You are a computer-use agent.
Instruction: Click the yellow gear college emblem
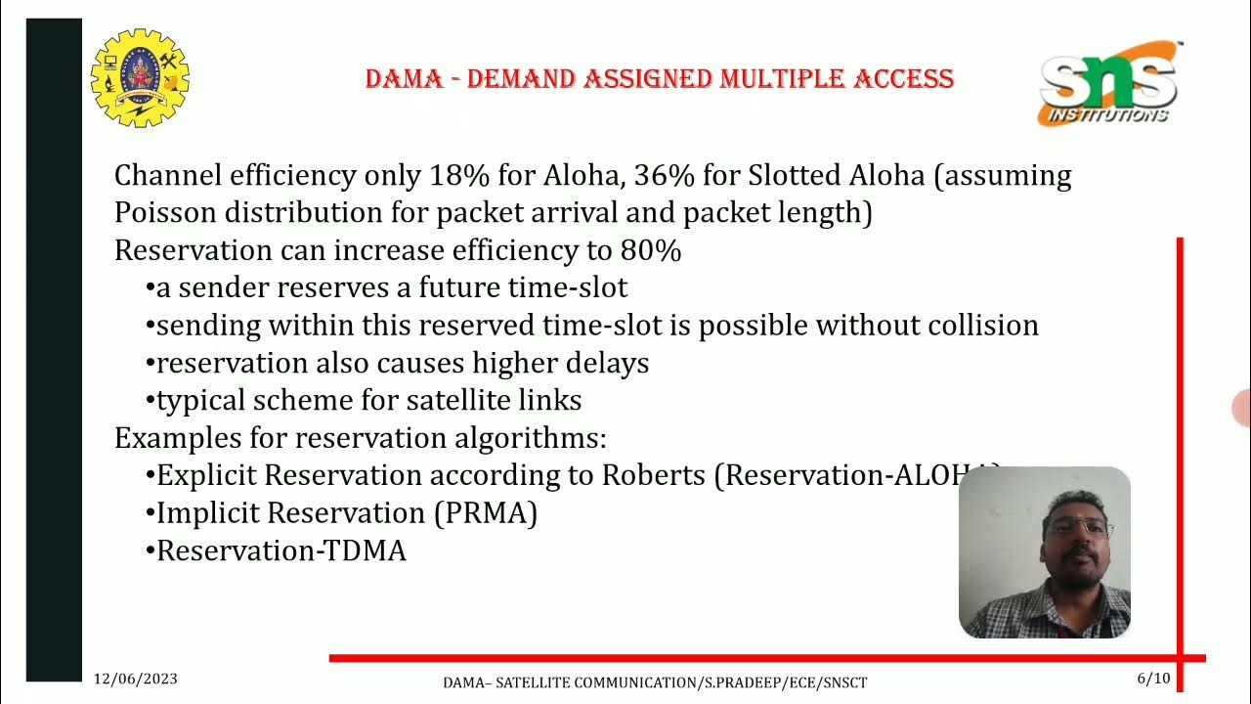point(140,78)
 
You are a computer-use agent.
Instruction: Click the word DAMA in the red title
point(404,78)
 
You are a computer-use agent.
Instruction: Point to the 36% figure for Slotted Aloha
point(661,176)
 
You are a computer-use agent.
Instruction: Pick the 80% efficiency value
point(650,250)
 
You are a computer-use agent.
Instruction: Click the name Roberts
point(653,475)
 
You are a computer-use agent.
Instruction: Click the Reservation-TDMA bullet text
point(281,550)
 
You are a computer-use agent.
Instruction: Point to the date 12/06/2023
point(136,679)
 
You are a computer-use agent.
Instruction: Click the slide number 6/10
point(1153,679)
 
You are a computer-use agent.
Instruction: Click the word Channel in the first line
point(167,176)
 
